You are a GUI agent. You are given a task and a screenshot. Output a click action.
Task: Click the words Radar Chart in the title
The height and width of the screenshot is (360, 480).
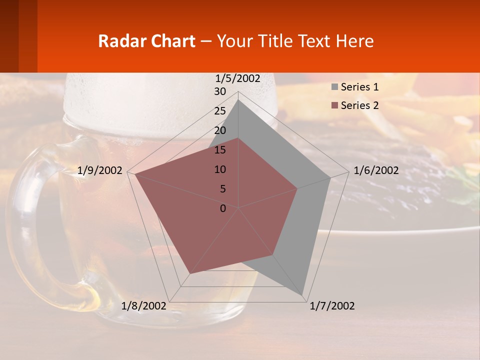click(x=146, y=41)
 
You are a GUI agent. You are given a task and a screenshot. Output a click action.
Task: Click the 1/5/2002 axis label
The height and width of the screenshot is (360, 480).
click(x=238, y=78)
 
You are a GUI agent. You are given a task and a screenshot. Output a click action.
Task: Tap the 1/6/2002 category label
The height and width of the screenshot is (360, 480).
click(x=376, y=170)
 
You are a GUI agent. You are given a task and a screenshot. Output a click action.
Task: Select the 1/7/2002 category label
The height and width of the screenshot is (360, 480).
click(x=332, y=306)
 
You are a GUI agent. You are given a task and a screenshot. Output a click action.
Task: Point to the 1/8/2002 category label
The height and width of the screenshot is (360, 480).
click(x=143, y=306)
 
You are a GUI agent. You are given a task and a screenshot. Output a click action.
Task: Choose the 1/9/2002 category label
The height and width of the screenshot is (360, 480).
click(x=100, y=170)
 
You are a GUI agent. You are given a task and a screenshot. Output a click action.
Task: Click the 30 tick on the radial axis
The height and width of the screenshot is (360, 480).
click(x=220, y=91)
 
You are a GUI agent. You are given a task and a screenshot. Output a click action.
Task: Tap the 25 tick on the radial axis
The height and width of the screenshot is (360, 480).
click(x=220, y=111)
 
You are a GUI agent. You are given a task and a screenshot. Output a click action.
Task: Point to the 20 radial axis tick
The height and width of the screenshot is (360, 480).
click(x=220, y=130)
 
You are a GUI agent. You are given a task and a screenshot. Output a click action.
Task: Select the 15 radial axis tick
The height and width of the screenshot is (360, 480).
click(x=220, y=150)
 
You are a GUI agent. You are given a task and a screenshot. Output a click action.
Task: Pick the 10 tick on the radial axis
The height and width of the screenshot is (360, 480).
click(x=220, y=169)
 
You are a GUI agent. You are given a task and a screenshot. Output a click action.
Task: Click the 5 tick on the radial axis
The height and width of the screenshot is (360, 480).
click(x=222, y=189)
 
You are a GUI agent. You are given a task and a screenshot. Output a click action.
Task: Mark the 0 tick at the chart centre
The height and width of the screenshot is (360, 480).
click(x=223, y=208)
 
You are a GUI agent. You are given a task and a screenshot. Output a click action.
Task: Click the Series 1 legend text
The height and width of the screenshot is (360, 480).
click(x=359, y=87)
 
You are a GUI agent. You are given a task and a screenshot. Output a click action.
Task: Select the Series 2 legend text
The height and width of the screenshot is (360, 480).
click(x=359, y=105)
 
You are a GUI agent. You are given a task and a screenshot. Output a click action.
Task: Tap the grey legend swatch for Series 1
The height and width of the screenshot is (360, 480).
click(x=334, y=87)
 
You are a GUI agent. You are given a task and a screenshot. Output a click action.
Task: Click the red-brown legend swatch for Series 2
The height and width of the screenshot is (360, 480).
click(x=334, y=105)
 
